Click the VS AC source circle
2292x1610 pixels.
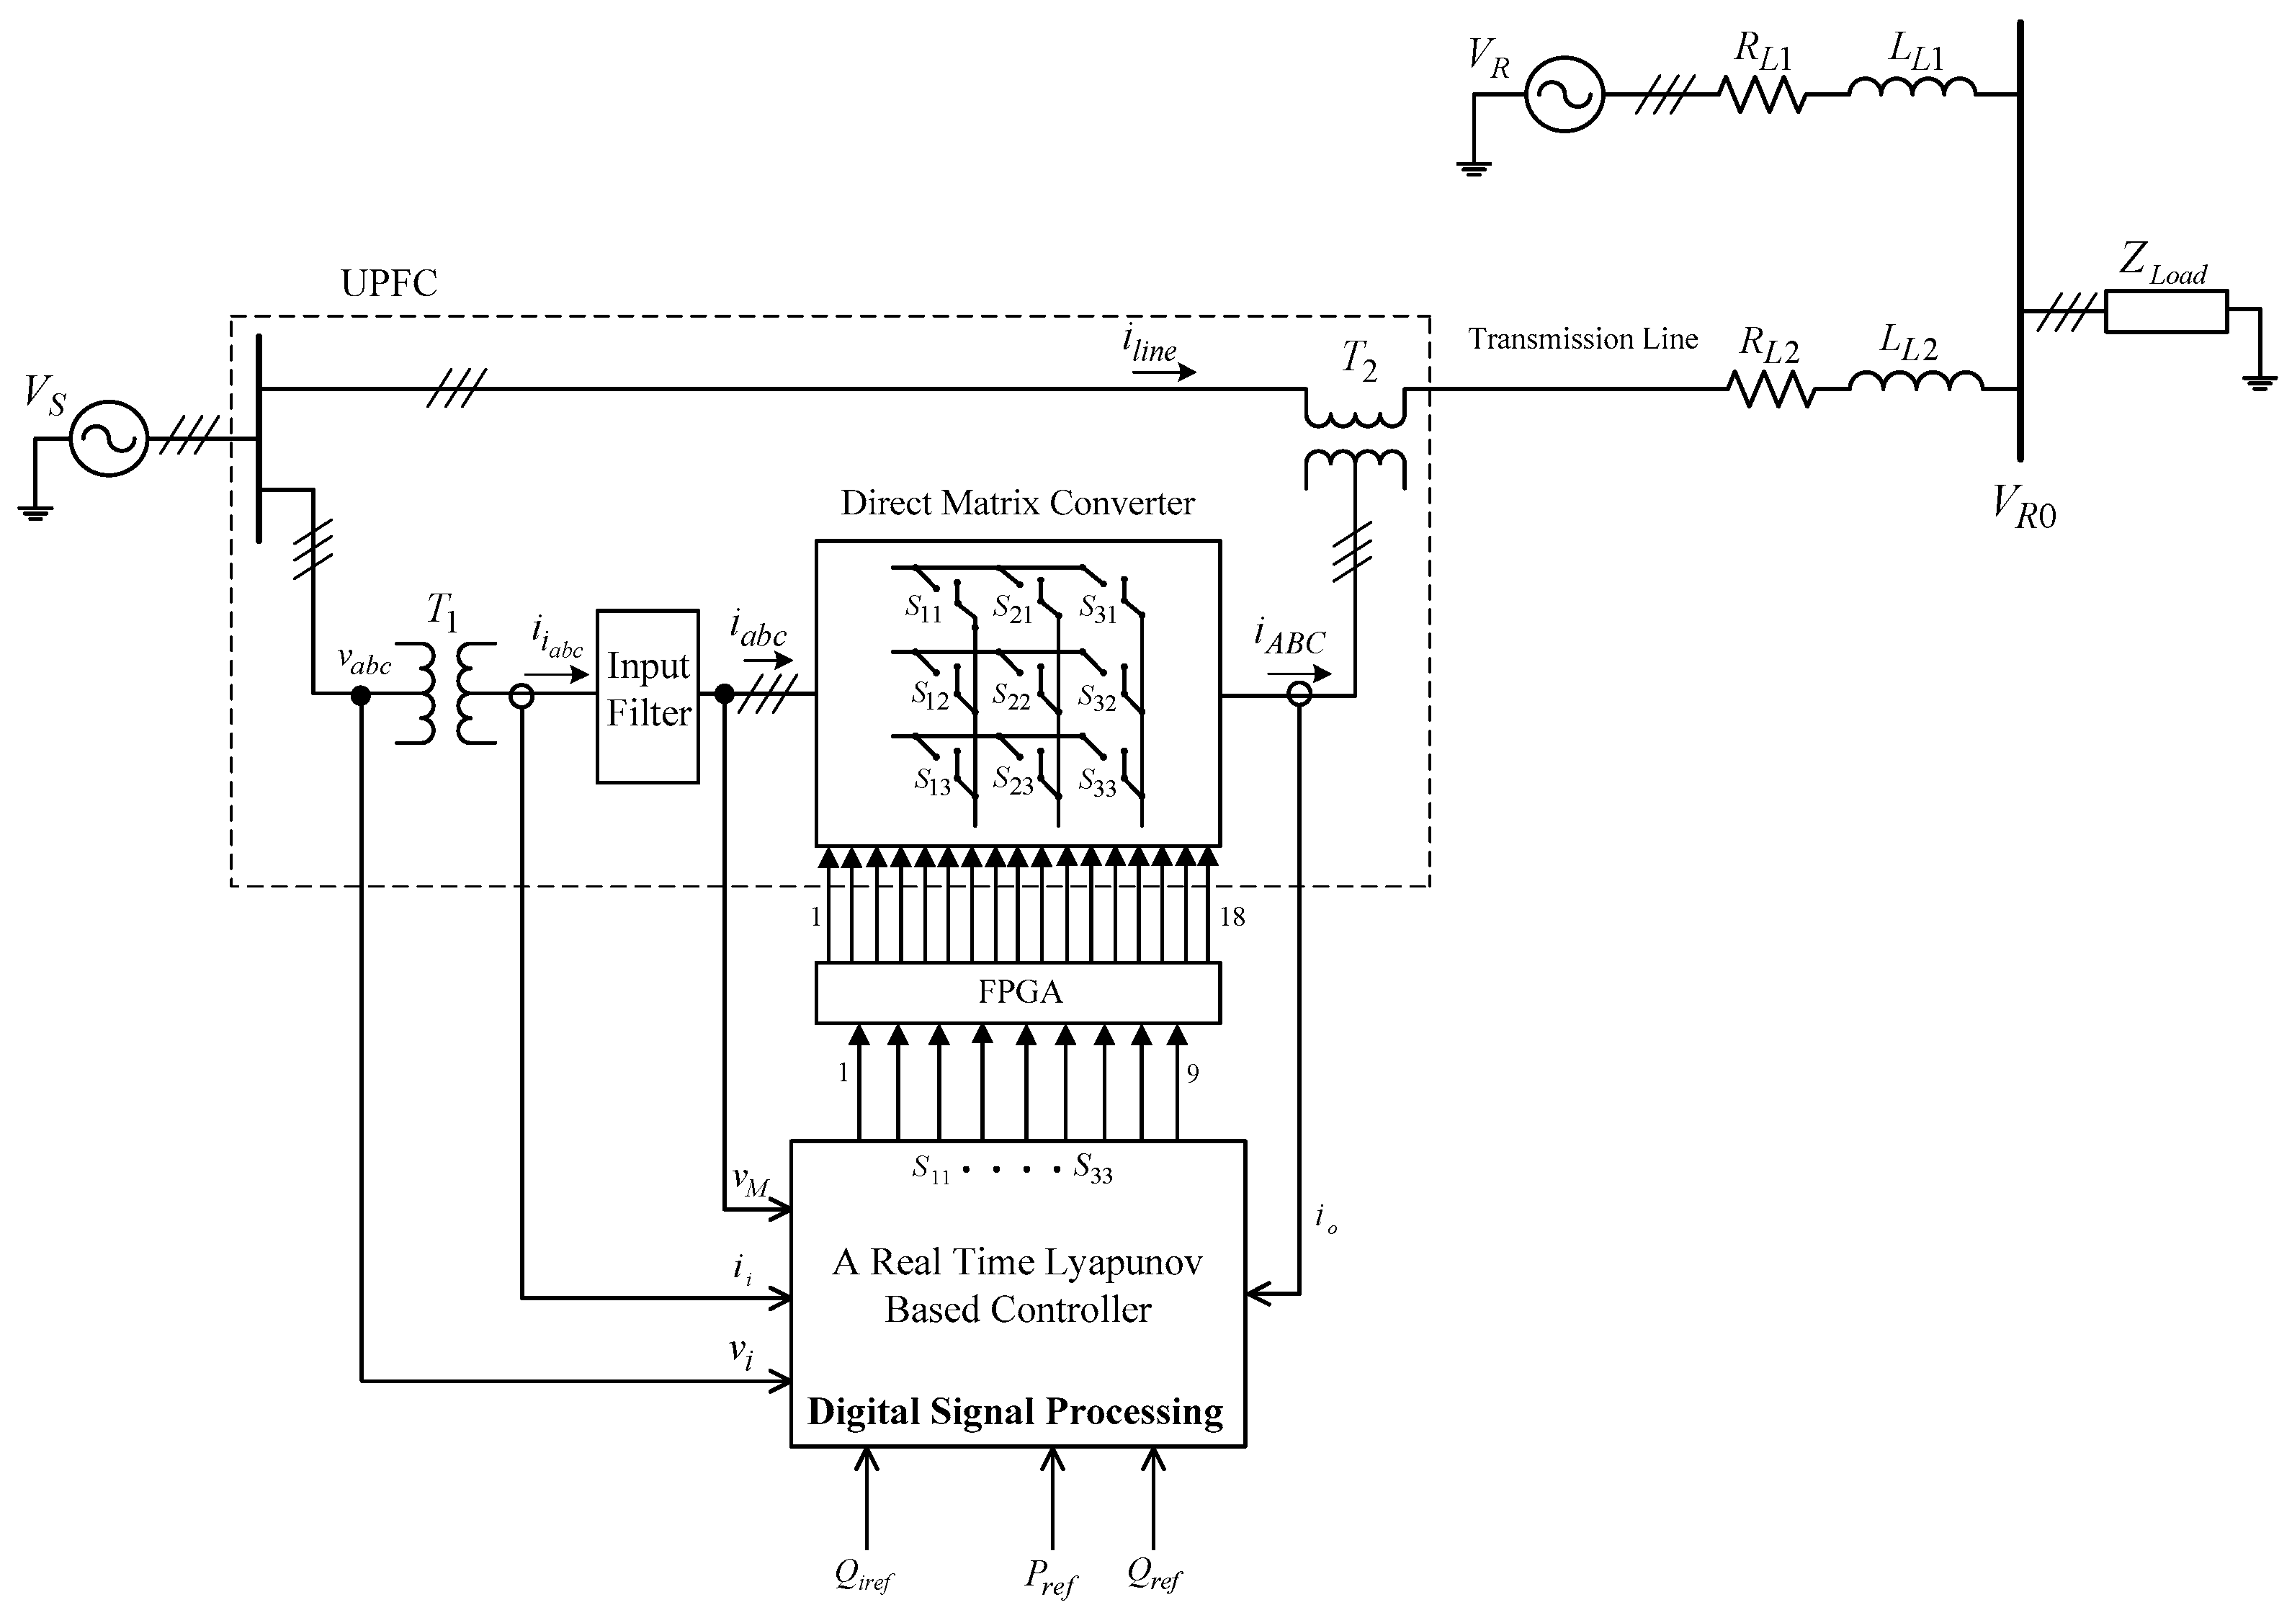[x=109, y=437]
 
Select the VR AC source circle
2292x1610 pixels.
[x=1564, y=95]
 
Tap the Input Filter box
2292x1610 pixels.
[x=648, y=696]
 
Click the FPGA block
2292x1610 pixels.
[x=1019, y=992]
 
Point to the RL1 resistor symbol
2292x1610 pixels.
[x=1763, y=96]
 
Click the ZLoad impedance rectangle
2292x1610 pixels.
[x=2166, y=311]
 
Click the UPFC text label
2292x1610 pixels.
[x=389, y=284]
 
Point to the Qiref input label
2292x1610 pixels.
[x=864, y=1576]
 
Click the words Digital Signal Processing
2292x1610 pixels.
[x=1015, y=1413]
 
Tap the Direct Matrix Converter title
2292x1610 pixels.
[x=1017, y=503]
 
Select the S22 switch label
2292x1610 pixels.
[x=1011, y=696]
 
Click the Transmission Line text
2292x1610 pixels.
[x=1583, y=339]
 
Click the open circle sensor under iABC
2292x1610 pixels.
[x=1299, y=694]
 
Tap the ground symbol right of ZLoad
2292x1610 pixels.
[x=2259, y=380]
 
